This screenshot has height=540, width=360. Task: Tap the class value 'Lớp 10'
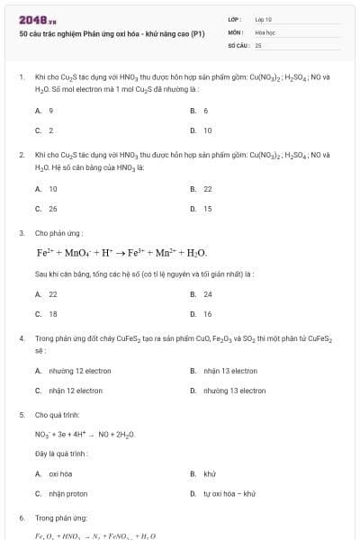pos(264,19)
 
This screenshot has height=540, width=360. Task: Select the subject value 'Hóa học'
pos(265,31)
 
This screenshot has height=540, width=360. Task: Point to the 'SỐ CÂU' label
pos(238,44)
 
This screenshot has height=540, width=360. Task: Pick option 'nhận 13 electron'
pos(230,371)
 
